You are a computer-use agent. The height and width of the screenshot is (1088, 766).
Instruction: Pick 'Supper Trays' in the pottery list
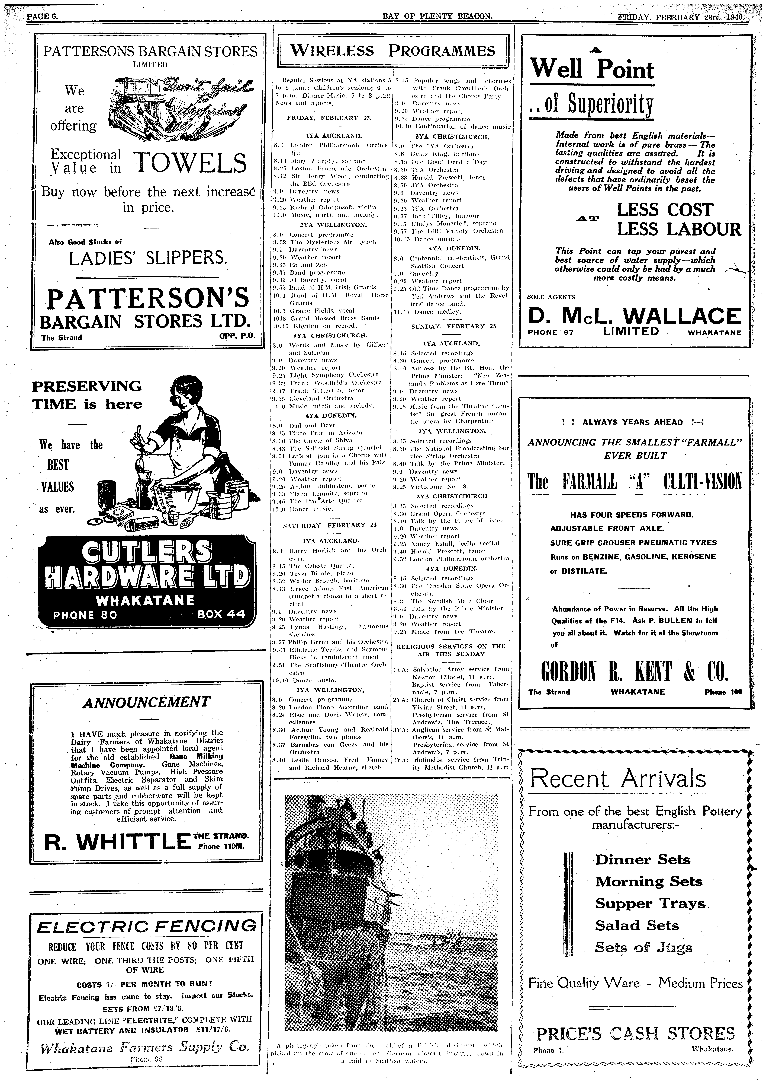(x=650, y=904)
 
